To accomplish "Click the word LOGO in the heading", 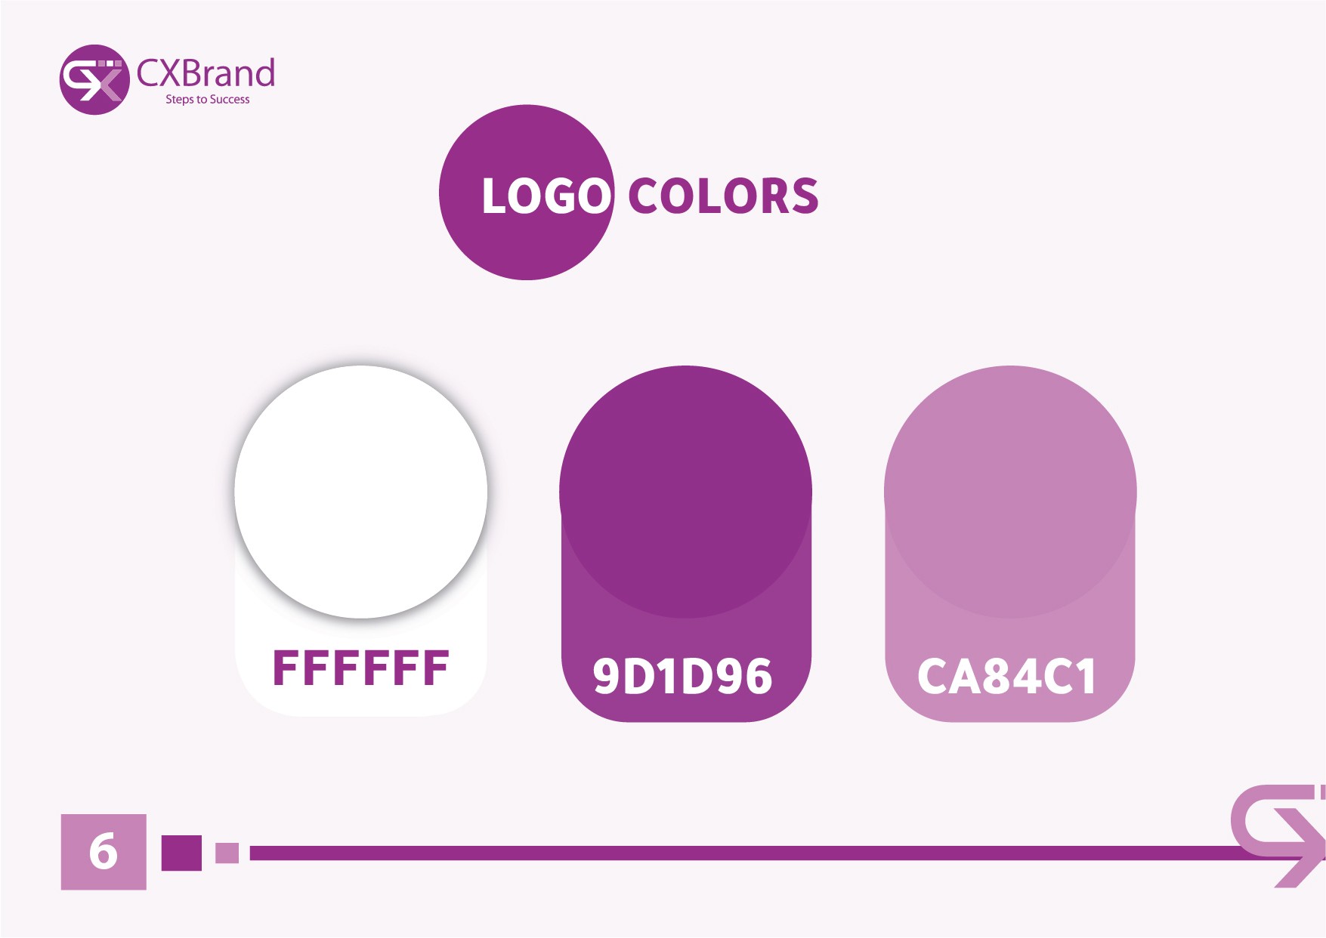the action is pyautogui.click(x=546, y=196).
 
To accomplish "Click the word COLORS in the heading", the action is pyautogui.click(x=723, y=196).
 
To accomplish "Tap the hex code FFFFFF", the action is pyautogui.click(x=361, y=668).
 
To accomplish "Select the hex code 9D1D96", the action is pyautogui.click(x=682, y=676).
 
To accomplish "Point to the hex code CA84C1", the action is pyautogui.click(x=1006, y=676).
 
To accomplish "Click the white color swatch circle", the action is pyautogui.click(x=361, y=492).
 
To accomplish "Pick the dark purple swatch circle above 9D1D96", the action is pyautogui.click(x=685, y=492).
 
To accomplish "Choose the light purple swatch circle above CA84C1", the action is pyautogui.click(x=1010, y=492).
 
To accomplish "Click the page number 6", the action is pyautogui.click(x=104, y=852).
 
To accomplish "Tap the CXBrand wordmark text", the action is pyautogui.click(x=206, y=73).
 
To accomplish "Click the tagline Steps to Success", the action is pyautogui.click(x=208, y=100).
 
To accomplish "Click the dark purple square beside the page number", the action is pyautogui.click(x=181, y=853).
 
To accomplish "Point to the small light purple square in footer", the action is pyautogui.click(x=227, y=853).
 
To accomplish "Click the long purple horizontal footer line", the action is pyautogui.click(x=748, y=853).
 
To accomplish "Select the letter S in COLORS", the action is pyautogui.click(x=803, y=196).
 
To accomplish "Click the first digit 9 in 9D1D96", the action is pyautogui.click(x=607, y=676).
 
